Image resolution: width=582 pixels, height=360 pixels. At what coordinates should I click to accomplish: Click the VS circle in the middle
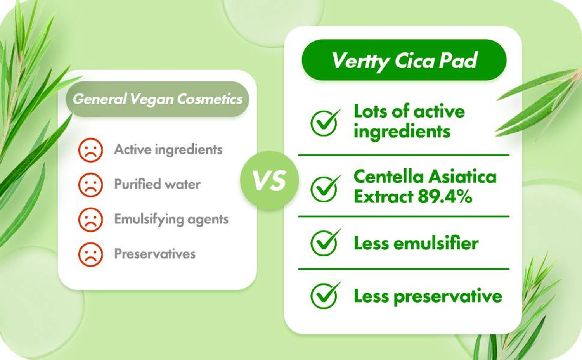[269, 180]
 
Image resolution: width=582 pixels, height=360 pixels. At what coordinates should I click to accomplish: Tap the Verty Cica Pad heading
[404, 60]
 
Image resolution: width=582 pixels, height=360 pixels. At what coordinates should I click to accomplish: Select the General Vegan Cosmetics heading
[157, 99]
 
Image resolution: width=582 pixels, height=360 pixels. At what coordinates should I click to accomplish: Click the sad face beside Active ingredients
[90, 150]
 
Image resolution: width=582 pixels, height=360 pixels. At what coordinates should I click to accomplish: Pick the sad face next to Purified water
[90, 185]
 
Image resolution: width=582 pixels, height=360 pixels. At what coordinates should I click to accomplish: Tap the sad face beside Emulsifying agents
[90, 220]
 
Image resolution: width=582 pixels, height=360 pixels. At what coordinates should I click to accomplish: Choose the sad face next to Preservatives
[90, 254]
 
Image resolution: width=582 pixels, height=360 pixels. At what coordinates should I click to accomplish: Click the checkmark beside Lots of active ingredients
[325, 123]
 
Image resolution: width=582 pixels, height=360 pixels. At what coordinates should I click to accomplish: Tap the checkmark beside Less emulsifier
[325, 242]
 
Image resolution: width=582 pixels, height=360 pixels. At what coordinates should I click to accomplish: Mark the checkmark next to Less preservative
[325, 295]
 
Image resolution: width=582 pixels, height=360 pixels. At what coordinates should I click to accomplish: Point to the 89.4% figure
[445, 197]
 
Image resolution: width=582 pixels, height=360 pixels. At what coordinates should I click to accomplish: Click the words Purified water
[157, 184]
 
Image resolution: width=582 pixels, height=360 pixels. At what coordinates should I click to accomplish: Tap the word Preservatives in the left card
[155, 253]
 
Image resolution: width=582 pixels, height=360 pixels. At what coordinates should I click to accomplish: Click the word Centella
[389, 177]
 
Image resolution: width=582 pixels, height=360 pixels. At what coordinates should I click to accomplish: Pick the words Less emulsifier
[416, 243]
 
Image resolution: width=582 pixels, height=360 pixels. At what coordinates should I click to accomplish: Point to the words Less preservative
[428, 296]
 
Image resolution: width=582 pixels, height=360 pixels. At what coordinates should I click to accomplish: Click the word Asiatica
[462, 177]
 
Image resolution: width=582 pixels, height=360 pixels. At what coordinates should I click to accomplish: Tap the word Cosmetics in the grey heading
[210, 99]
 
